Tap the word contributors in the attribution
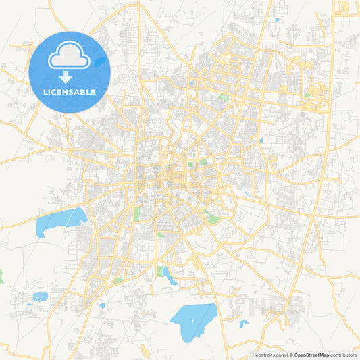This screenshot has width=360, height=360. (x=343, y=355)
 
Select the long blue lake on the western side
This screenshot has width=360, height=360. (x=61, y=220)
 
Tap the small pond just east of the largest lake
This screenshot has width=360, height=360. (x=243, y=324)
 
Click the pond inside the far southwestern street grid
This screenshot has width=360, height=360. (x=40, y=297)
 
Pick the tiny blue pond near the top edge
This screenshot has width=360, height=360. (x=277, y=20)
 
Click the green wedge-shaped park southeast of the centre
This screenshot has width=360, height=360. (x=212, y=217)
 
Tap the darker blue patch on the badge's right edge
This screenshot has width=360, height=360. (x=101, y=61)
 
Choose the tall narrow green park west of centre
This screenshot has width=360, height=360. (x=137, y=214)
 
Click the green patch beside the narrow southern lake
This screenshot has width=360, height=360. (x=161, y=272)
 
